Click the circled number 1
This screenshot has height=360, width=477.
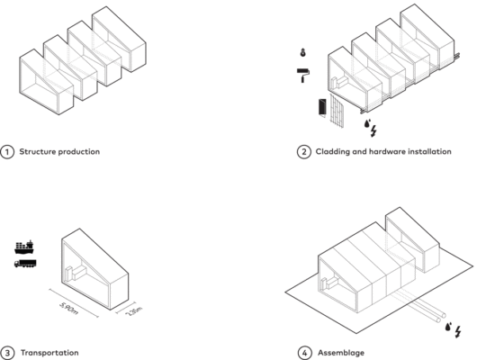coord(8,151)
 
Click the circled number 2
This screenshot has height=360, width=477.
coord(303,151)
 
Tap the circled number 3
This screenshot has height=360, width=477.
coord(8,352)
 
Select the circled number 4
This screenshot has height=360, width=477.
coord(303,352)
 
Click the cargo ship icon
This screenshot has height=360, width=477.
coord(24,247)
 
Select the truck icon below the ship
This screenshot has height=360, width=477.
coord(24,263)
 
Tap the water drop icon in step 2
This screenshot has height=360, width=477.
coord(366,123)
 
